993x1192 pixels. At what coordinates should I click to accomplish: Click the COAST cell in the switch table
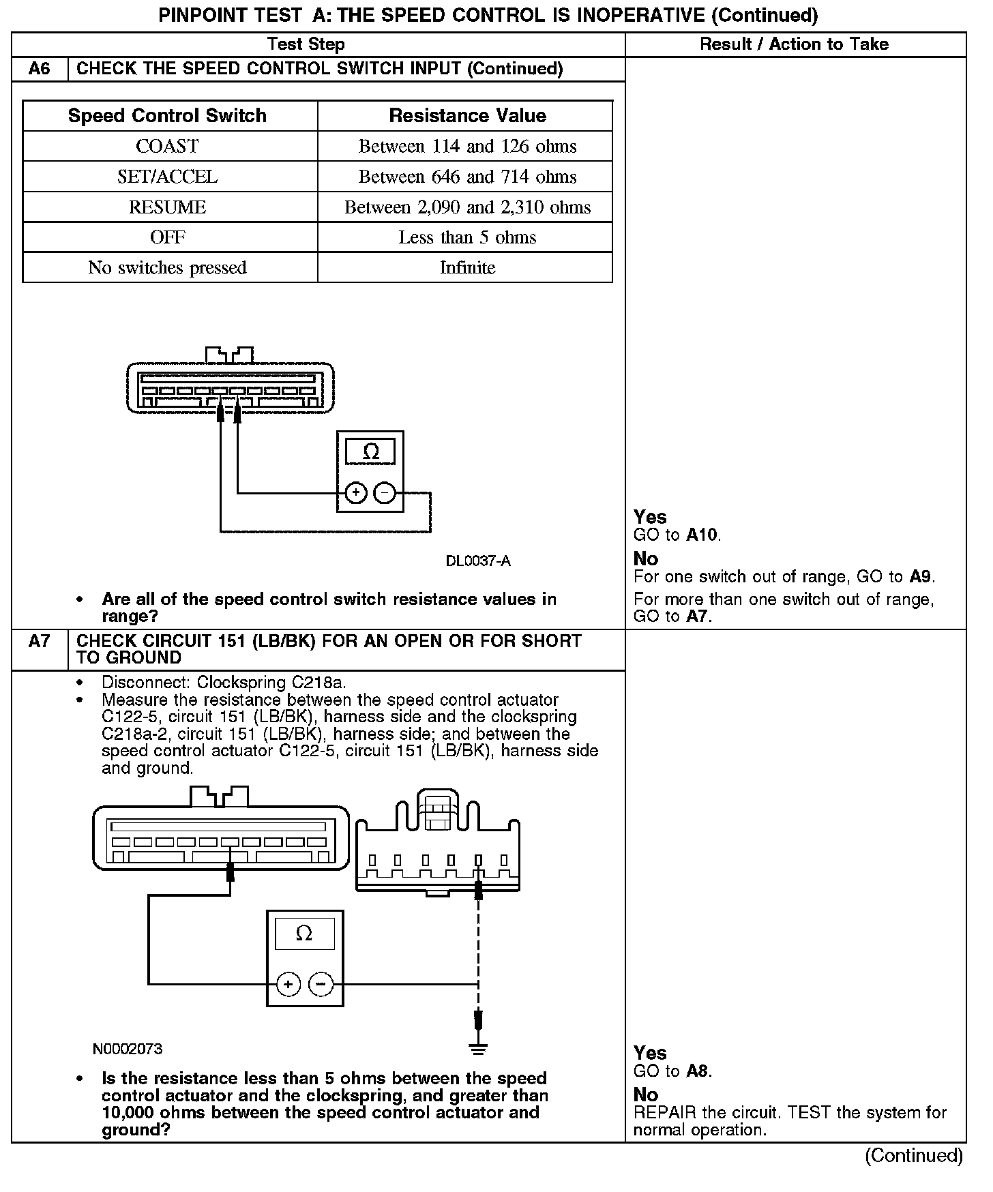click(167, 146)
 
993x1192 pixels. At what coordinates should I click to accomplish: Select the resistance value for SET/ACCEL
click(467, 177)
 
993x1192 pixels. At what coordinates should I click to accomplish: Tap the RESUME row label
click(167, 207)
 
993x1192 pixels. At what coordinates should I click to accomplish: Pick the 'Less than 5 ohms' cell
click(467, 237)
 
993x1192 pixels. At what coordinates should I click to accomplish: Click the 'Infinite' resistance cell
click(467, 267)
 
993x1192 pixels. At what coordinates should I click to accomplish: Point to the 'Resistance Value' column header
click(467, 115)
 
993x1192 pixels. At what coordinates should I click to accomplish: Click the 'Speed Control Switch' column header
click(167, 115)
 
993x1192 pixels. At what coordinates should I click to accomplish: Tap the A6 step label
click(40, 69)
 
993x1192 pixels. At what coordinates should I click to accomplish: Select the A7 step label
click(40, 642)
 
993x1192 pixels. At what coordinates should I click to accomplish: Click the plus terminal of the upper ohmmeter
click(356, 492)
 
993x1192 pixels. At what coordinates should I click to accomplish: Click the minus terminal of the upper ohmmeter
click(385, 492)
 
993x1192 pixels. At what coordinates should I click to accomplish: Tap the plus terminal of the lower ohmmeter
click(288, 984)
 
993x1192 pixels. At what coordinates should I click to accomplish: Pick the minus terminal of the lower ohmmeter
click(321, 984)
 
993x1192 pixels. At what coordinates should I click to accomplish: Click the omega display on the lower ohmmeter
click(304, 934)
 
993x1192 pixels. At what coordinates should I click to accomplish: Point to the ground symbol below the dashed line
click(479, 1049)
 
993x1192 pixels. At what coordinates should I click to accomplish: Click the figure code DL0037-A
click(478, 561)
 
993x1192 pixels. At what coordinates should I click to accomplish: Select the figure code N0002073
click(128, 1049)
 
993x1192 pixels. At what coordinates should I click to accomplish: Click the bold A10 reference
click(702, 535)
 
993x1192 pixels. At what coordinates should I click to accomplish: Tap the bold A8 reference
click(698, 1071)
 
